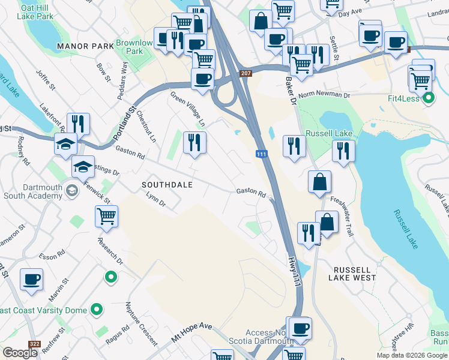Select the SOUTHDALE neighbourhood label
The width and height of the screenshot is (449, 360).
pyautogui.click(x=167, y=185)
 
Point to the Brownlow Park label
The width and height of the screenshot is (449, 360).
pyautogui.click(x=134, y=47)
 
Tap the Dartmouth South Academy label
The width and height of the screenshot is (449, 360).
pyautogui.click(x=33, y=191)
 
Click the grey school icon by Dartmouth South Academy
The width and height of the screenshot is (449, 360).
pyautogui.click(x=72, y=191)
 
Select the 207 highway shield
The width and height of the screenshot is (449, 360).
pyautogui.click(x=246, y=73)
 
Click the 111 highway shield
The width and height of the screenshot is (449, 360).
pyautogui.click(x=261, y=154)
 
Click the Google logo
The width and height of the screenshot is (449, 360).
pyautogui.click(x=20, y=353)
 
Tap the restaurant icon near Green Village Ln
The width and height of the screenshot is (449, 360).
pyautogui.click(x=194, y=142)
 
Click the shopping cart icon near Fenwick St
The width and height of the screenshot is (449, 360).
pyautogui.click(x=106, y=217)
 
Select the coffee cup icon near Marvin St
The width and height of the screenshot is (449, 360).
pyautogui.click(x=31, y=279)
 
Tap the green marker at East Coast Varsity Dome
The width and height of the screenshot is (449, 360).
pyautogui.click(x=97, y=310)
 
